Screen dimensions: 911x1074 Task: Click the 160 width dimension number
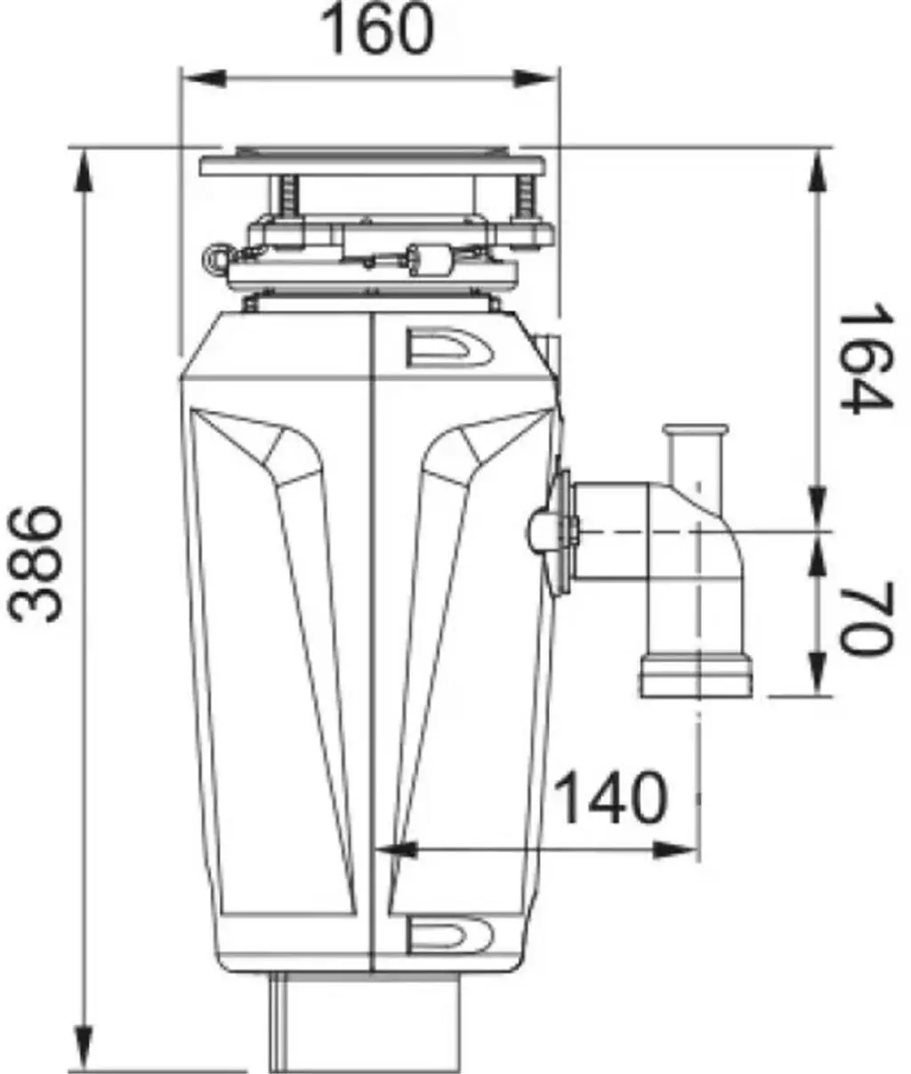click(376, 29)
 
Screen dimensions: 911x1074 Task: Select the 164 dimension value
click(866, 359)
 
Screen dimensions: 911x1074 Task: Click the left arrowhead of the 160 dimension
click(206, 79)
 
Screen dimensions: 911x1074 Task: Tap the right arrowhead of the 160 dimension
click(535, 79)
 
